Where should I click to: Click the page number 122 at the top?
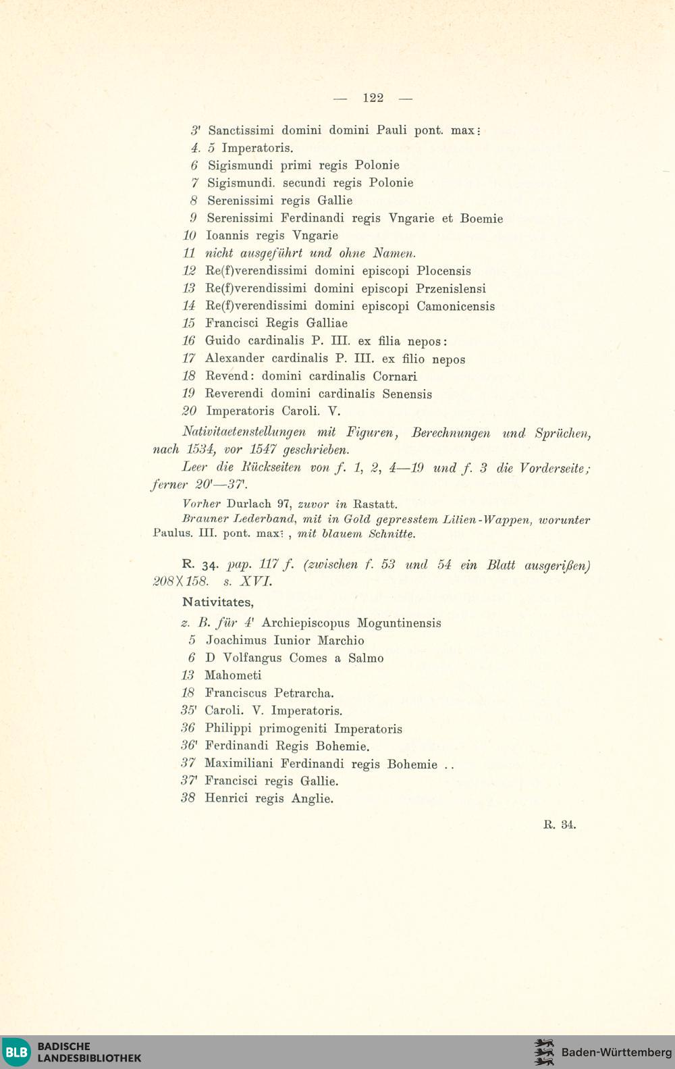[x=373, y=98]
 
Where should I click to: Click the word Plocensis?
[x=443, y=271]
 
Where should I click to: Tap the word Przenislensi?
[x=450, y=288]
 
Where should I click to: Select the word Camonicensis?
[x=455, y=306]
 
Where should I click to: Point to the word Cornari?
[x=395, y=376]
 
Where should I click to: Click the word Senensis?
[x=407, y=394]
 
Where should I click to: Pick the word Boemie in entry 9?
[x=481, y=218]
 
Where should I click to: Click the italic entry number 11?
[x=189, y=253]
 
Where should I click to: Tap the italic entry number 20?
[x=189, y=411]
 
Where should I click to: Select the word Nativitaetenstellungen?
[x=244, y=432]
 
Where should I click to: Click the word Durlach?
[x=249, y=504]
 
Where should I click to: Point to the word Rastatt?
[x=376, y=504]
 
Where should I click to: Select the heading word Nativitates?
[x=218, y=602]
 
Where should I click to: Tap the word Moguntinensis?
[x=399, y=623]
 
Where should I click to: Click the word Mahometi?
[x=233, y=675]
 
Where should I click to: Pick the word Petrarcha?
[x=304, y=693]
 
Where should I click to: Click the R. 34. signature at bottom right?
[x=560, y=824]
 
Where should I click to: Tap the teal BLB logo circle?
[x=16, y=1052]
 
